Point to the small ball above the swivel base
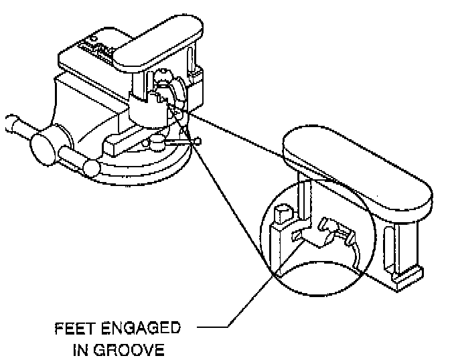[x=156, y=141]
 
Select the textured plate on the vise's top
[x=90, y=51]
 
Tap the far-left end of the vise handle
[x=9, y=125]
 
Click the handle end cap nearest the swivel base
[x=90, y=167]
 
